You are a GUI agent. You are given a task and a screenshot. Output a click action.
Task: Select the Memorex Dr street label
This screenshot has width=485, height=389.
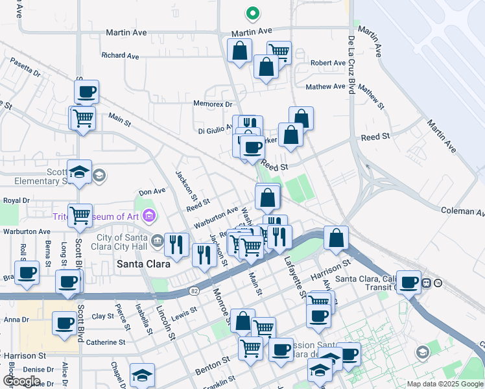point(213,104)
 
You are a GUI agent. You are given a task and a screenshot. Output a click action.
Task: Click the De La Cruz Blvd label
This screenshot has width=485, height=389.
point(351,65)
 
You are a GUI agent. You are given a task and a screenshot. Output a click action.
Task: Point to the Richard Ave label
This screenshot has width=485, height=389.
point(121,56)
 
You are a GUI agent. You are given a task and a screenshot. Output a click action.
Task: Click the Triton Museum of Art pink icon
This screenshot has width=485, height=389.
point(149,215)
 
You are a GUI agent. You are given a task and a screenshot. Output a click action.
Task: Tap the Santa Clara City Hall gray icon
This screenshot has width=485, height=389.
point(158,241)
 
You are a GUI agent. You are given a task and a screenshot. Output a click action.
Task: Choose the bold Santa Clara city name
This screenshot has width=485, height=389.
point(143,264)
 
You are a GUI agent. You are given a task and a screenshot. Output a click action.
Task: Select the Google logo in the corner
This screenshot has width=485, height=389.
point(21,381)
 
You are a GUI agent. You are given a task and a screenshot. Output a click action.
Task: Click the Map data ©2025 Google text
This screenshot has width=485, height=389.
point(445,384)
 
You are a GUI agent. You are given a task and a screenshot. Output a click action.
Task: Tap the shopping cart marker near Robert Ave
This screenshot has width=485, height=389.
point(279,51)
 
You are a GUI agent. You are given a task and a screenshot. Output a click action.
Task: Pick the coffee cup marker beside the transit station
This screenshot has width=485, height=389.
point(408,281)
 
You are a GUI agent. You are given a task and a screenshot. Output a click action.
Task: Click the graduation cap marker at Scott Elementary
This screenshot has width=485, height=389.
point(79,172)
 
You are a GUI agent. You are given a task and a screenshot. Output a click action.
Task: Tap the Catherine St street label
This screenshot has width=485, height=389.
point(106,342)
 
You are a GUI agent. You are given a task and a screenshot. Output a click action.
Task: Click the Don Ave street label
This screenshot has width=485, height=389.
point(152,191)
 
